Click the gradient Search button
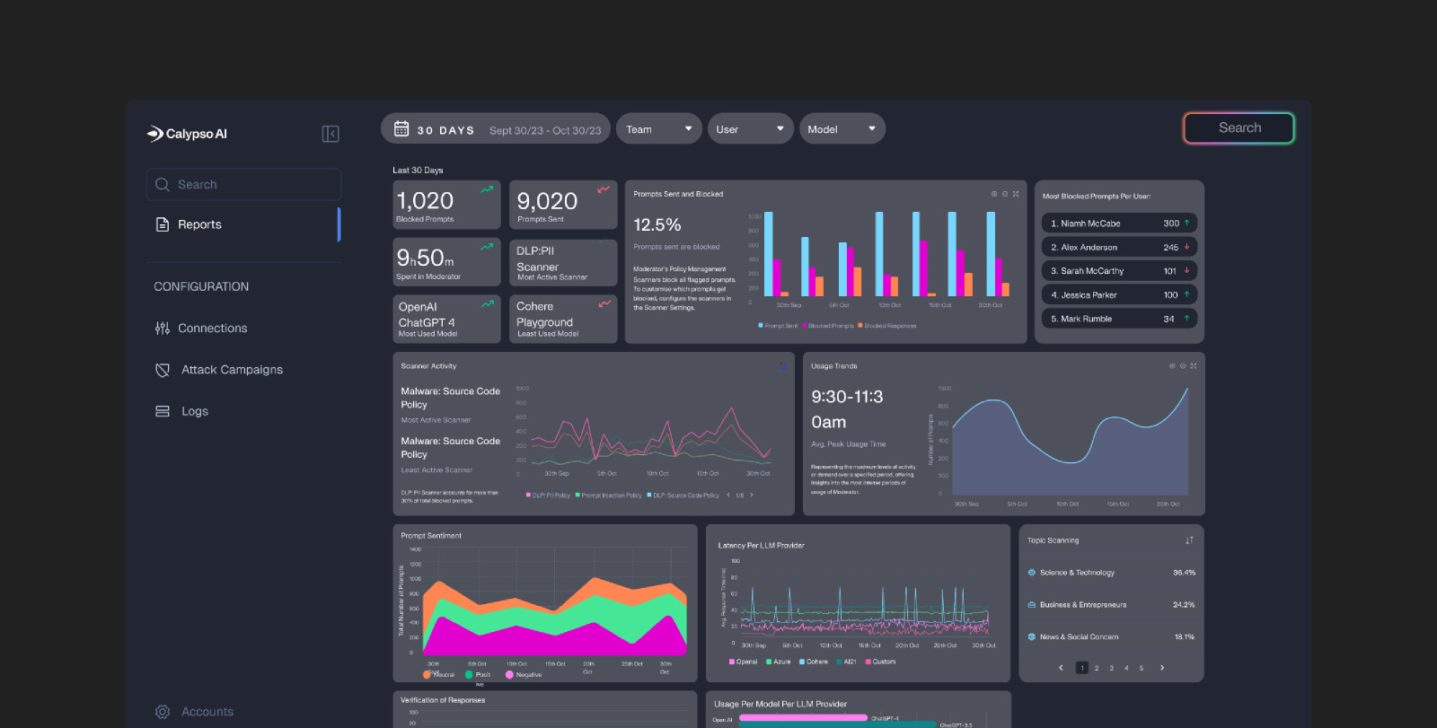point(1239,128)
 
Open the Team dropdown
point(658,129)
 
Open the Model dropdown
point(842,129)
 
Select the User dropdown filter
point(750,129)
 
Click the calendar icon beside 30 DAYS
point(401,129)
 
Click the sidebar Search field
point(244,185)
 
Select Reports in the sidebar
point(199,224)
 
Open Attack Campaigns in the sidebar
point(232,370)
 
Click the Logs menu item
point(194,411)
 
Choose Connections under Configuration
point(212,329)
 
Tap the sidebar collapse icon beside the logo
point(331,134)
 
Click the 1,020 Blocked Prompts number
point(426,201)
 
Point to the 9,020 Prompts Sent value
point(547,201)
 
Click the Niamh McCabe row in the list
point(1118,224)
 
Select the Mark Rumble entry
point(1118,319)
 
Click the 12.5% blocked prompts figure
point(657,224)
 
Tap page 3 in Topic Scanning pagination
point(1111,668)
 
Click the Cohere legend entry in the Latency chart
point(813,662)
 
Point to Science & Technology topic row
point(1076,573)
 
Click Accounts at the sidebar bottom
point(207,712)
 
